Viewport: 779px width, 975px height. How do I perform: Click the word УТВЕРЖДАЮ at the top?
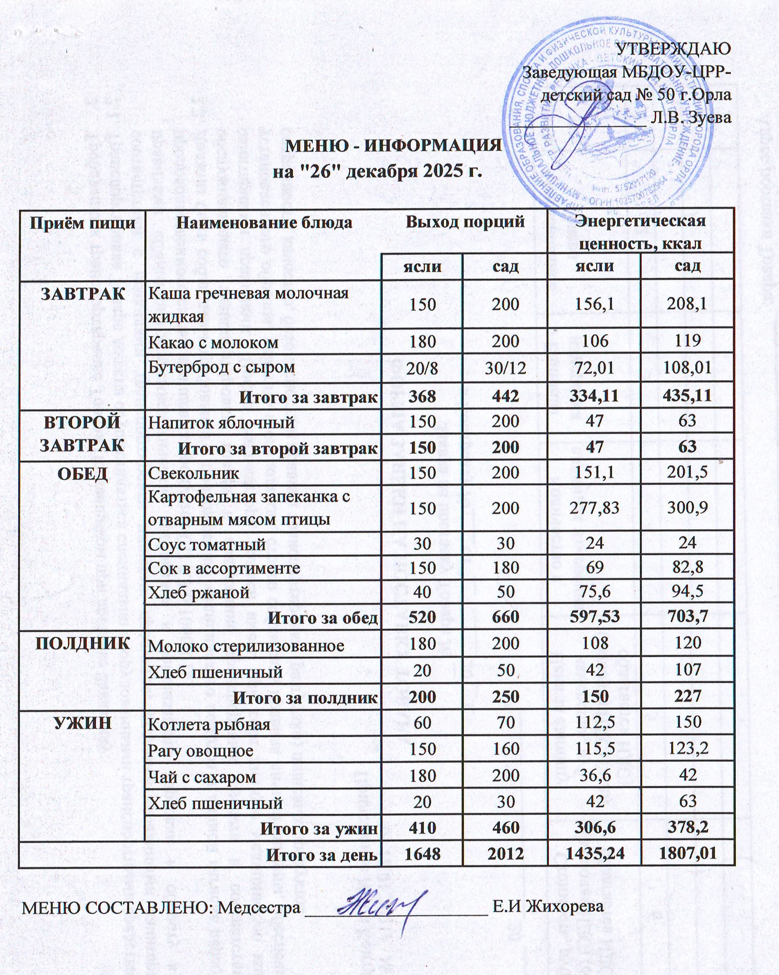pyautogui.click(x=673, y=49)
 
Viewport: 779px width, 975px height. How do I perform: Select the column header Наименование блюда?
pyautogui.click(x=264, y=223)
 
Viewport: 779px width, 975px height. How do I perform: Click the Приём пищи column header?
pyautogui.click(x=82, y=223)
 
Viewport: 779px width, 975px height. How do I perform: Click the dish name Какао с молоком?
pyautogui.click(x=213, y=342)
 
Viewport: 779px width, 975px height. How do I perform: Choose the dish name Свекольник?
pyautogui.click(x=193, y=473)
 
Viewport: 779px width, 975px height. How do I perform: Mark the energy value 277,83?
pyautogui.click(x=595, y=507)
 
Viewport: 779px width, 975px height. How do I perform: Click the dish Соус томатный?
pyautogui.click(x=206, y=544)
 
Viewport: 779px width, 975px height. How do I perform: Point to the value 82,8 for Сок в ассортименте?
pyautogui.click(x=687, y=568)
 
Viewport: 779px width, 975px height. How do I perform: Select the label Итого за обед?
pyautogui.click(x=322, y=618)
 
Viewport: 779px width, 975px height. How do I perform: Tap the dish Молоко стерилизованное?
pyautogui.click(x=246, y=646)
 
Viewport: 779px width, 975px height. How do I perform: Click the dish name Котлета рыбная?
pyautogui.click(x=209, y=724)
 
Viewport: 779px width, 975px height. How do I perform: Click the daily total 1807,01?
pyautogui.click(x=687, y=854)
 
